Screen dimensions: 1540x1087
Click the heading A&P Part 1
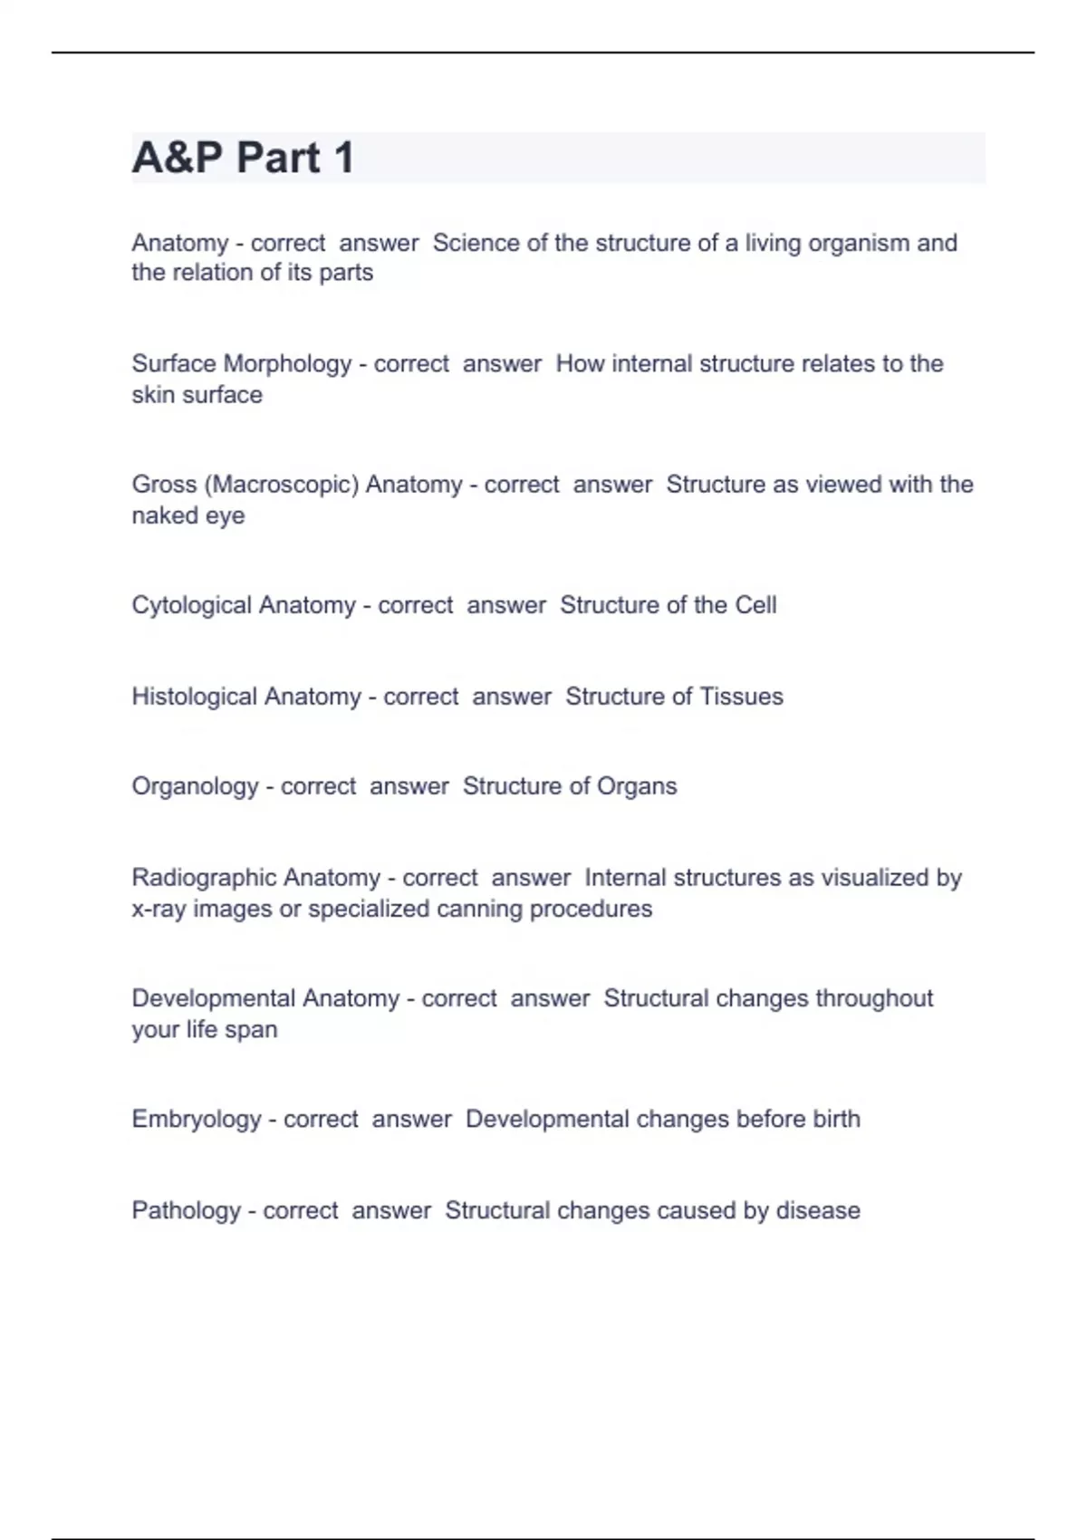(243, 158)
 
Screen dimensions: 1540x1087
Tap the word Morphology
(287, 364)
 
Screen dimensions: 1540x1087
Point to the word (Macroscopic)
(282, 485)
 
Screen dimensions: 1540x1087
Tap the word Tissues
(741, 697)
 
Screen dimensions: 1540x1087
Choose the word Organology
(195, 786)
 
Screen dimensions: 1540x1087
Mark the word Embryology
(197, 1120)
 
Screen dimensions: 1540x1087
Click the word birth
(836, 1120)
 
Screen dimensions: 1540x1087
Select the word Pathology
(186, 1211)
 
